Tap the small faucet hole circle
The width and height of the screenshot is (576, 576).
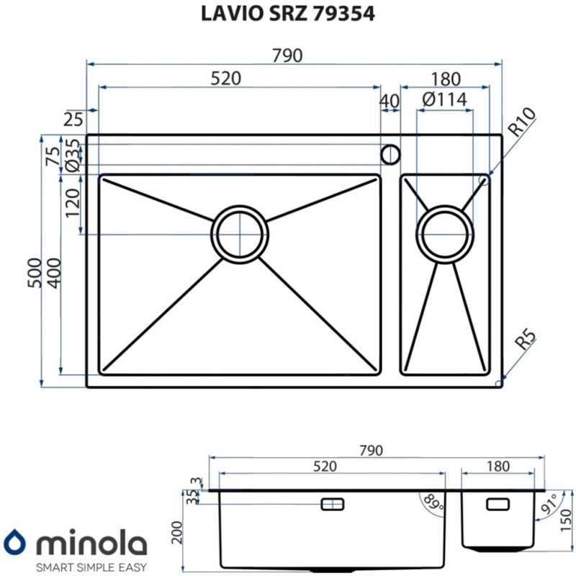pos(390,153)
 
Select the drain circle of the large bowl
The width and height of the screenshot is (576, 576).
pos(240,233)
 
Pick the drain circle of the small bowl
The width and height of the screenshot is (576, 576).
pos(446,233)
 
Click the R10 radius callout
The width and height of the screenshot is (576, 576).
pos(522,123)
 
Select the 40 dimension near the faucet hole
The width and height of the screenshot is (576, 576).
pos(390,102)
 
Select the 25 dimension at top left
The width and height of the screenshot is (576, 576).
pos(73,120)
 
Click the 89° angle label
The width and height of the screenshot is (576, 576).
pos(432,501)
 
